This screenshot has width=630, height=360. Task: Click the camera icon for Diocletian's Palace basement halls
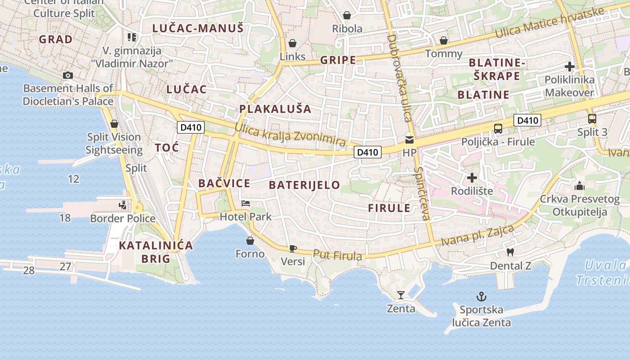[x=68, y=75]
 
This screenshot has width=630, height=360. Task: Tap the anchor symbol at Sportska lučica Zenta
[x=481, y=297]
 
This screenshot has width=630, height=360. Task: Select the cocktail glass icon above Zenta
[x=401, y=295]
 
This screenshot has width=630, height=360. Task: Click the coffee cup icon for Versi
[x=292, y=248]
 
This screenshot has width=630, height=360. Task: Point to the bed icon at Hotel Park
[x=245, y=203]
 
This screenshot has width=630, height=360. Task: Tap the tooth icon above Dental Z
[x=510, y=252]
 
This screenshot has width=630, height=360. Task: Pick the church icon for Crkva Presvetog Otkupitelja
[x=580, y=185]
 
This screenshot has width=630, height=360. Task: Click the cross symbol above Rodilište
[x=472, y=178]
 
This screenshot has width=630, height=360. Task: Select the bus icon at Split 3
[x=592, y=119]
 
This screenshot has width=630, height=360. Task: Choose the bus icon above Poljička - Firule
[x=498, y=128]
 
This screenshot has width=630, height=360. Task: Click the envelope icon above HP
[x=409, y=139]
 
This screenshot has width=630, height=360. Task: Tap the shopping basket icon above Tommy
[x=444, y=41]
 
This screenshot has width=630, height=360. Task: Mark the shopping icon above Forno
[x=250, y=241]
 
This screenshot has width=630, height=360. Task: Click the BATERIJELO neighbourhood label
[x=304, y=185]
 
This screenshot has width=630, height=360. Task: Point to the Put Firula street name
[x=337, y=255]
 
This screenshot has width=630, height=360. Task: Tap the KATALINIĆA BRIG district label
[x=156, y=252]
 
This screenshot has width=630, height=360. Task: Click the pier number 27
[x=65, y=266]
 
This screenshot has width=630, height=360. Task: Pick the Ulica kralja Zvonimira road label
[x=290, y=134]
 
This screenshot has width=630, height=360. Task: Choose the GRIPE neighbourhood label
[x=338, y=60]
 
